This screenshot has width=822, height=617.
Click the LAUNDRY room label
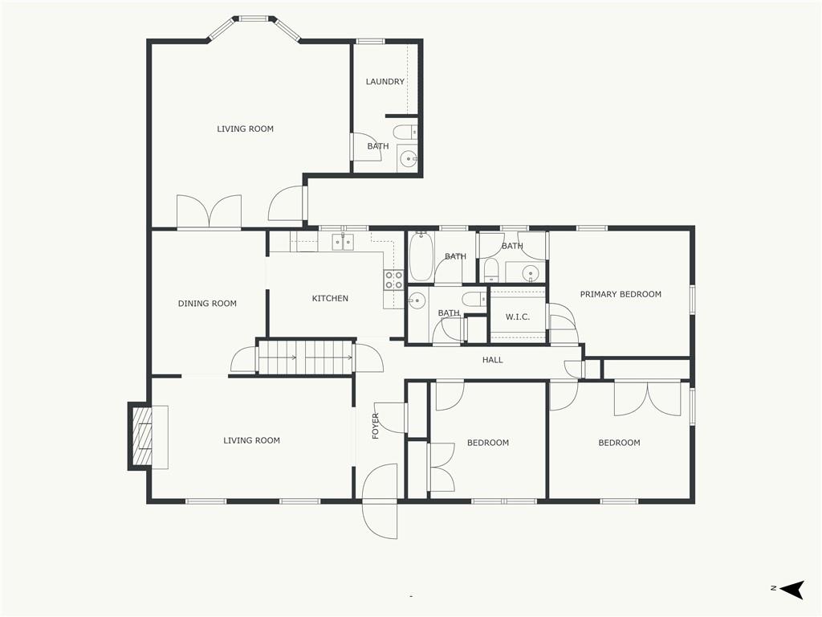pos(385,81)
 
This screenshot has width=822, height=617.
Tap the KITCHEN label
pos(330,298)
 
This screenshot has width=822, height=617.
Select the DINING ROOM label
pos(207,303)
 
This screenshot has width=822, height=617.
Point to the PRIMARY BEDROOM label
pos(621,294)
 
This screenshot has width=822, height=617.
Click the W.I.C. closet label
pos(518,317)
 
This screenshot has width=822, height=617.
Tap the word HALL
pos(492,360)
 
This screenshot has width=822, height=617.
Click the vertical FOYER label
pos(376,426)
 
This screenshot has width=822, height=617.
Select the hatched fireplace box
pos(141,436)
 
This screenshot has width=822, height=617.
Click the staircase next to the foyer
pos(305,358)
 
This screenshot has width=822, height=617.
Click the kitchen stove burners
pos(393,280)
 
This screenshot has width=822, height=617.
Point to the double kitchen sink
pos(342,242)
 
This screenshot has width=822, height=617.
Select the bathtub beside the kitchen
pos(421,256)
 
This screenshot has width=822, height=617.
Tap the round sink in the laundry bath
pos(407,157)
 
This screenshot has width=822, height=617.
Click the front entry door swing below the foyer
pos(380,501)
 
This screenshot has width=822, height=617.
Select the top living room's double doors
pos(210,212)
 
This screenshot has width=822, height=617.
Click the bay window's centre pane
pos(254,19)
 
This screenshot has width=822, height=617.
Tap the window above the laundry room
pos(371,41)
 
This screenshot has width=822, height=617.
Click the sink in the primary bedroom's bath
pos(531,273)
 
